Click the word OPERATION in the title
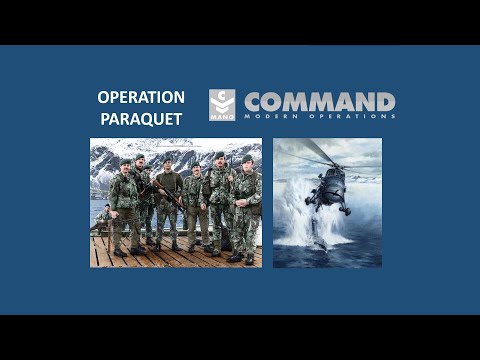click(141, 97)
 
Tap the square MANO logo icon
click(222, 105)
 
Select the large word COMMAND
click(319, 102)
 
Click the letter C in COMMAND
click(254, 102)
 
